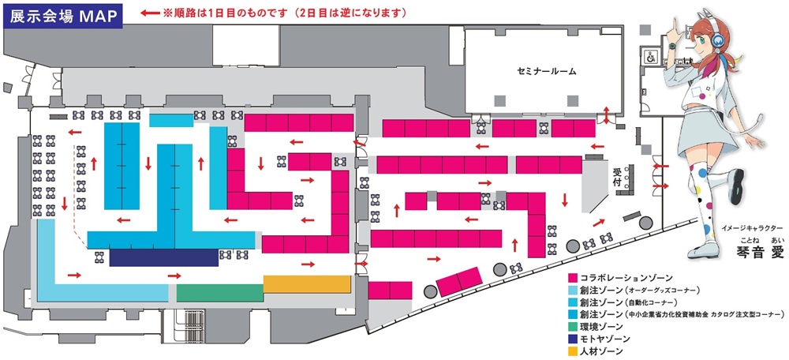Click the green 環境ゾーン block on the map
pos(219,293)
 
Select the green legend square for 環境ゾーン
pos(574,326)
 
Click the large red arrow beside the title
pos(149,13)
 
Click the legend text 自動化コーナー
pos(651,302)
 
